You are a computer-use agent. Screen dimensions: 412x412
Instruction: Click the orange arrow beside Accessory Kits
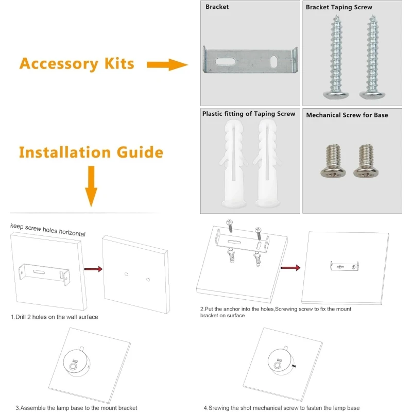166,64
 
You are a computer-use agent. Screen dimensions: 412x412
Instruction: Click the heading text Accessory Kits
77,64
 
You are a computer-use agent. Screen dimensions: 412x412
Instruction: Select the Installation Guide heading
91,152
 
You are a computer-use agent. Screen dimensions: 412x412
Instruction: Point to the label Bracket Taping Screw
339,7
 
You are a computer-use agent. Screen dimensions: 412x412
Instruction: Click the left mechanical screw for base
332,161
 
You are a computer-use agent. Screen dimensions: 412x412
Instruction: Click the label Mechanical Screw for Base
347,115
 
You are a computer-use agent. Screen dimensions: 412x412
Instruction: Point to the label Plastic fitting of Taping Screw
249,114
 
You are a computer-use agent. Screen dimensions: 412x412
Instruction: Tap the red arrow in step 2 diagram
290,268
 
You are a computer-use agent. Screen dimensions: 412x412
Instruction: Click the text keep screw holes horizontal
48,230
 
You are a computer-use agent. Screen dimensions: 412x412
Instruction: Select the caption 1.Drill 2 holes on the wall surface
54,317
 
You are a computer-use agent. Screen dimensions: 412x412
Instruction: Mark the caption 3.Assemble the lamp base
76,408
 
